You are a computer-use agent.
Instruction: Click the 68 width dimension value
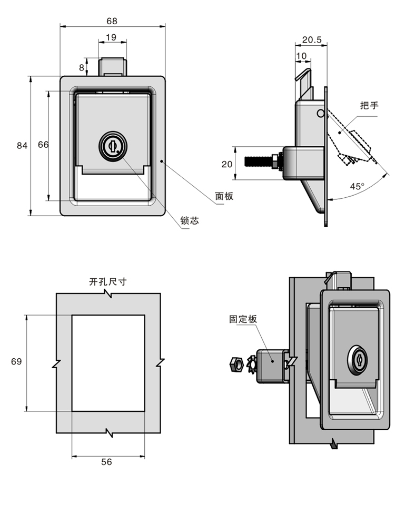coord(112,21)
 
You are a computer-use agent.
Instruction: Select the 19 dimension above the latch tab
coord(111,37)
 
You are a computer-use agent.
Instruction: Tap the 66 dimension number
coord(43,146)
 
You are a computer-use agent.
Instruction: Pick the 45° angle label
coord(357,186)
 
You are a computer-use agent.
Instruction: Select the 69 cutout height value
coord(16,361)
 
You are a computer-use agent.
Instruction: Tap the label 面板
coord(224,196)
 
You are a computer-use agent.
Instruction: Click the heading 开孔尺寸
coord(108,281)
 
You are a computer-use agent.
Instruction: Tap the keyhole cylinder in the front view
coord(112,145)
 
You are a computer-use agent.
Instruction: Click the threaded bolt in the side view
coord(258,159)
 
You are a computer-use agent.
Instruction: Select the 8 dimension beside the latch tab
coord(82,67)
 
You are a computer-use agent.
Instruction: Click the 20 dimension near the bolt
coord(227,164)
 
